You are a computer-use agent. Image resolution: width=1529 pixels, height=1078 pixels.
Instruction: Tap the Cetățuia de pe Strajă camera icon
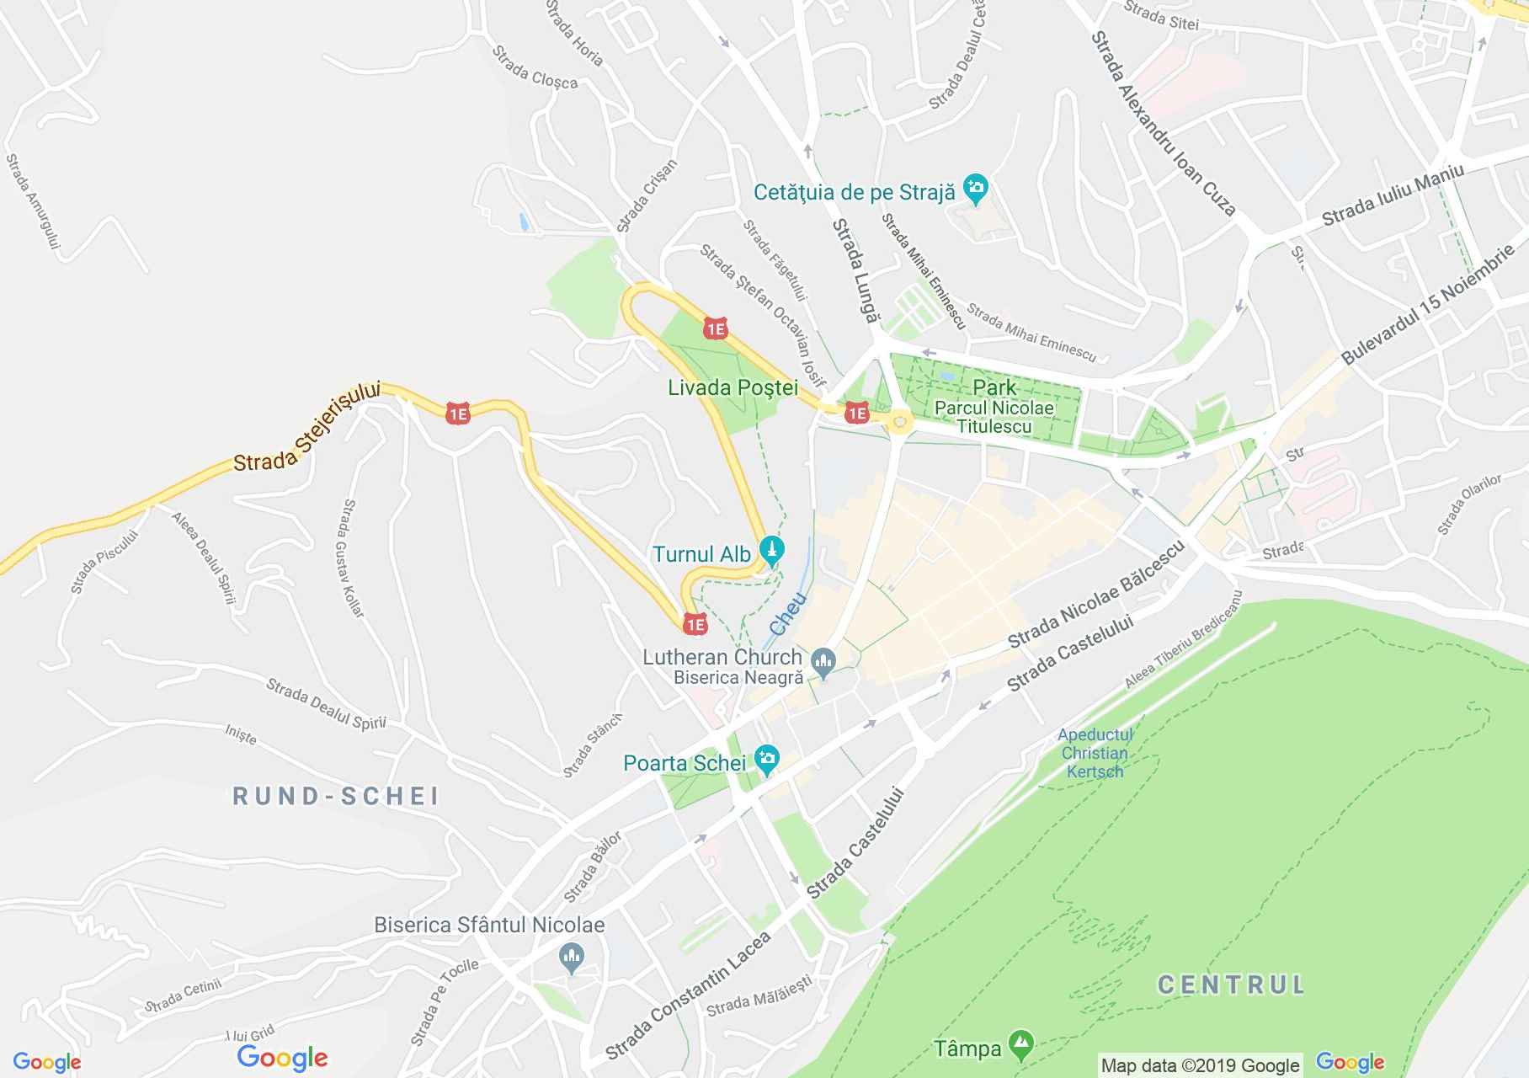tap(976, 190)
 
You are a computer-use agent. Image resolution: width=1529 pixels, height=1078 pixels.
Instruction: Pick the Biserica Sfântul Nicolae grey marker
tap(572, 957)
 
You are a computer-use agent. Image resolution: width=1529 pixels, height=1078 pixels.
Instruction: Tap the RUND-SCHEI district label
tap(336, 797)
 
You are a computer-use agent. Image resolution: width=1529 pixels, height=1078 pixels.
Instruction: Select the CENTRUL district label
tap(1231, 984)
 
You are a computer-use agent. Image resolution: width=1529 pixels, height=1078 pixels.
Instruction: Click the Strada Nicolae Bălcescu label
tap(1095, 594)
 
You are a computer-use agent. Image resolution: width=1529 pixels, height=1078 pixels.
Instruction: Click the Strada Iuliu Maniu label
tap(1393, 195)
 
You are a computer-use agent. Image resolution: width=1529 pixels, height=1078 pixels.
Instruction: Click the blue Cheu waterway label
tap(788, 614)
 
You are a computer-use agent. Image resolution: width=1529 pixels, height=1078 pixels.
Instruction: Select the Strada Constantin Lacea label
tap(688, 997)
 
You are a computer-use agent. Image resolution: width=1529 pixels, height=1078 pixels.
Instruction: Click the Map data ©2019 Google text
tap(1200, 1066)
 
